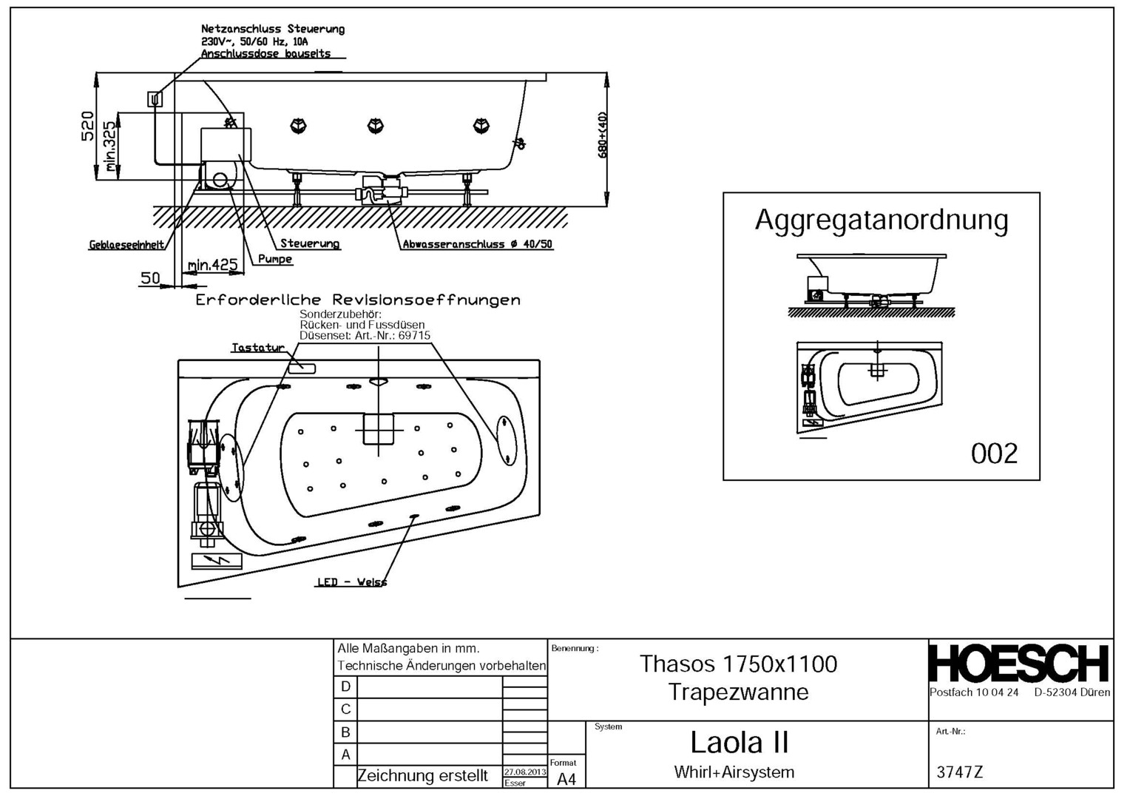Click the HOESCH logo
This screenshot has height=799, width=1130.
click(x=1019, y=664)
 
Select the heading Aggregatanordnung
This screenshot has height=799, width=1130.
click(x=881, y=220)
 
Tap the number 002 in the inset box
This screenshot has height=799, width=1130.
click(x=994, y=453)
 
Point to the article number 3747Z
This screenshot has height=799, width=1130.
click(x=959, y=772)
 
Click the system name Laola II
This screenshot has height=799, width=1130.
click(x=739, y=742)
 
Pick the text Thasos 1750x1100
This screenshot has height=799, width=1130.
click(x=738, y=664)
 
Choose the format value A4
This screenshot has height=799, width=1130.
click(x=566, y=779)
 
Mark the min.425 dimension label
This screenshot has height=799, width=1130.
click(x=212, y=265)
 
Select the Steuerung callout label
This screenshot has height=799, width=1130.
click(x=310, y=243)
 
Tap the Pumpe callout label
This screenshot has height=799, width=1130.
click(x=275, y=260)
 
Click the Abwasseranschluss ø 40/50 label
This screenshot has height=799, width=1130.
click(x=477, y=244)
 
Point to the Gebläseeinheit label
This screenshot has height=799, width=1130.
click(x=126, y=245)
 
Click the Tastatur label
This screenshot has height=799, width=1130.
click(x=257, y=348)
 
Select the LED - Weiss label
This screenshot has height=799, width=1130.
click(x=351, y=582)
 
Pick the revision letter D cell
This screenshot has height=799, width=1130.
click(x=345, y=687)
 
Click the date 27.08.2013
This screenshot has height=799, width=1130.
click(x=524, y=772)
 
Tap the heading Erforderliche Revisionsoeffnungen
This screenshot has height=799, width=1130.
click(x=358, y=300)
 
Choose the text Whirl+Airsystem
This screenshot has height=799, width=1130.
click(x=734, y=772)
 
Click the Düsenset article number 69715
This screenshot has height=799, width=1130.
click(x=414, y=335)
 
